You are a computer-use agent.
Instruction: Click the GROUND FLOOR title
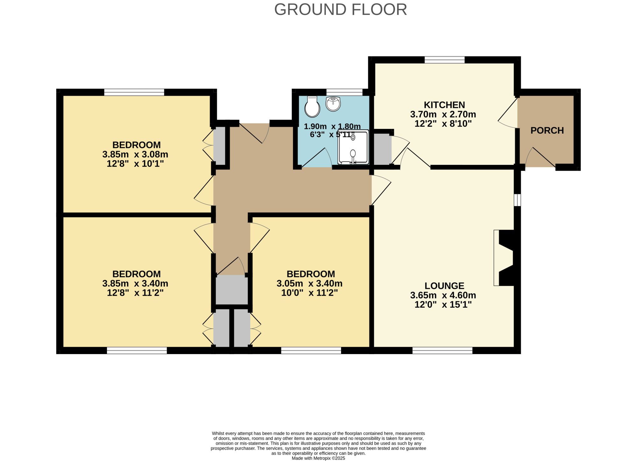[x=340, y=10]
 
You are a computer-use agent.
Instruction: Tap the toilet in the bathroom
[x=312, y=107]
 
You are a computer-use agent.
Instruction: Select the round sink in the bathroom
[x=333, y=104]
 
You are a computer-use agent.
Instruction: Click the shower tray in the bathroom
[x=353, y=147]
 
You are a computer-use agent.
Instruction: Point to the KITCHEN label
[x=444, y=105]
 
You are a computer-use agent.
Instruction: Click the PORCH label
[x=547, y=130]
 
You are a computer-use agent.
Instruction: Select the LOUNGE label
[x=444, y=286]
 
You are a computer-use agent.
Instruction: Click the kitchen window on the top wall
[x=445, y=60]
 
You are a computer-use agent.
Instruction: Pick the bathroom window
[x=345, y=92]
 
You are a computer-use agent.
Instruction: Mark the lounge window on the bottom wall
[x=442, y=350]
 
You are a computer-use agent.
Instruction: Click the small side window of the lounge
[x=518, y=200]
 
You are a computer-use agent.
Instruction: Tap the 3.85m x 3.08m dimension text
[x=135, y=155]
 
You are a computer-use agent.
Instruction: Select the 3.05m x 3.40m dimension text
[x=310, y=283]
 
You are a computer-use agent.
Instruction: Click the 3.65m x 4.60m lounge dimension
[x=443, y=295]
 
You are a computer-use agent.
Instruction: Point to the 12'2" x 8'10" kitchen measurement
[x=443, y=124]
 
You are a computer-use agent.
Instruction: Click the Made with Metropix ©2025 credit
[x=318, y=458]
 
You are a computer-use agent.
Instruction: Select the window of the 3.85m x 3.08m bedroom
[x=134, y=92]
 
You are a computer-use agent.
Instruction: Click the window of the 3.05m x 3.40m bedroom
[x=311, y=350]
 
